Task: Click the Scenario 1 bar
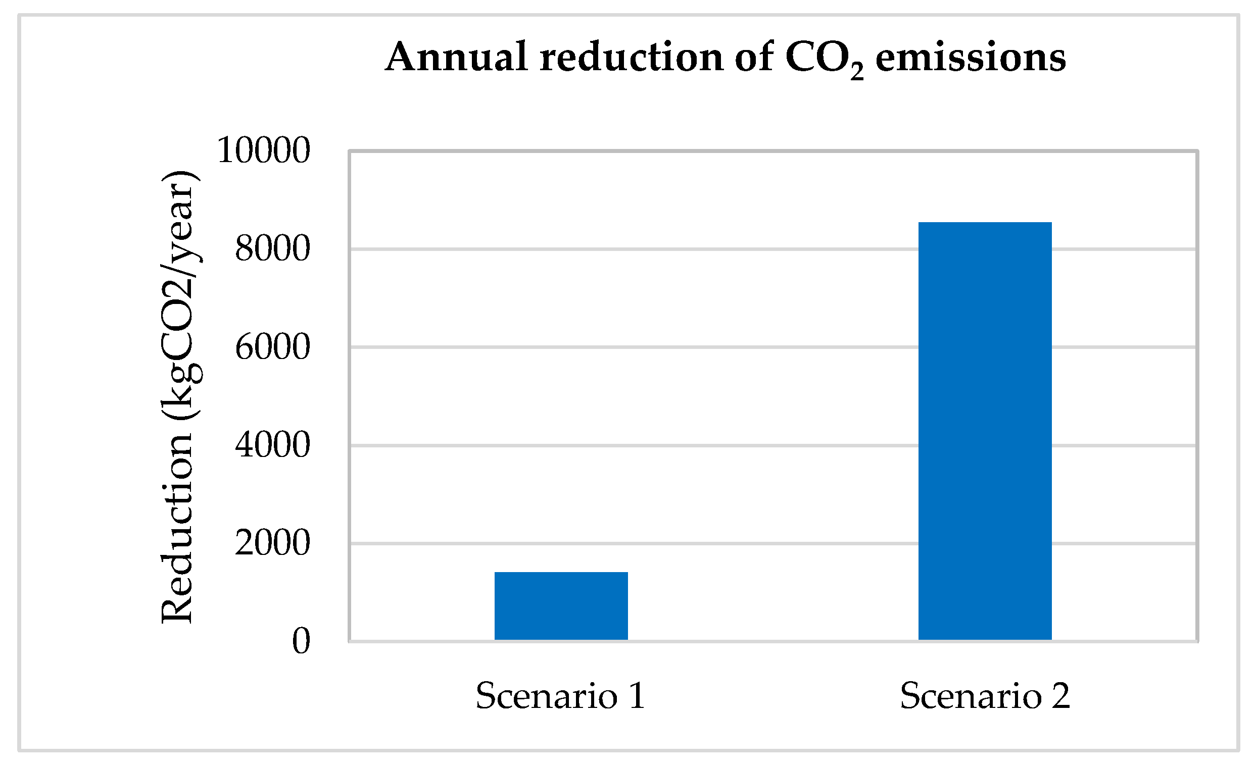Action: coord(561,605)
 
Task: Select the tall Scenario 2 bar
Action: coord(984,431)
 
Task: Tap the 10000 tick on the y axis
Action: coord(263,151)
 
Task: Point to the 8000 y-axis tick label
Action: coord(272,249)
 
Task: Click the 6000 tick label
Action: coord(272,347)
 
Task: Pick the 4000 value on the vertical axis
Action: coord(272,445)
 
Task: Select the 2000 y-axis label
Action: coord(272,543)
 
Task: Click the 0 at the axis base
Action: coord(301,641)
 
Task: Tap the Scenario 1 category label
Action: coord(560,696)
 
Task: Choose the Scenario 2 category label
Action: coord(984,696)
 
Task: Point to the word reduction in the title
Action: coord(631,57)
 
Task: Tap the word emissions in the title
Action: coord(971,57)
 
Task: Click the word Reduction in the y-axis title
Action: coord(177,530)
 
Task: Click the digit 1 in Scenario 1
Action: coord(637,696)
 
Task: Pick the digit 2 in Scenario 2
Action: coord(1060,696)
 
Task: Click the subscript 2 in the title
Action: coord(857,71)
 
